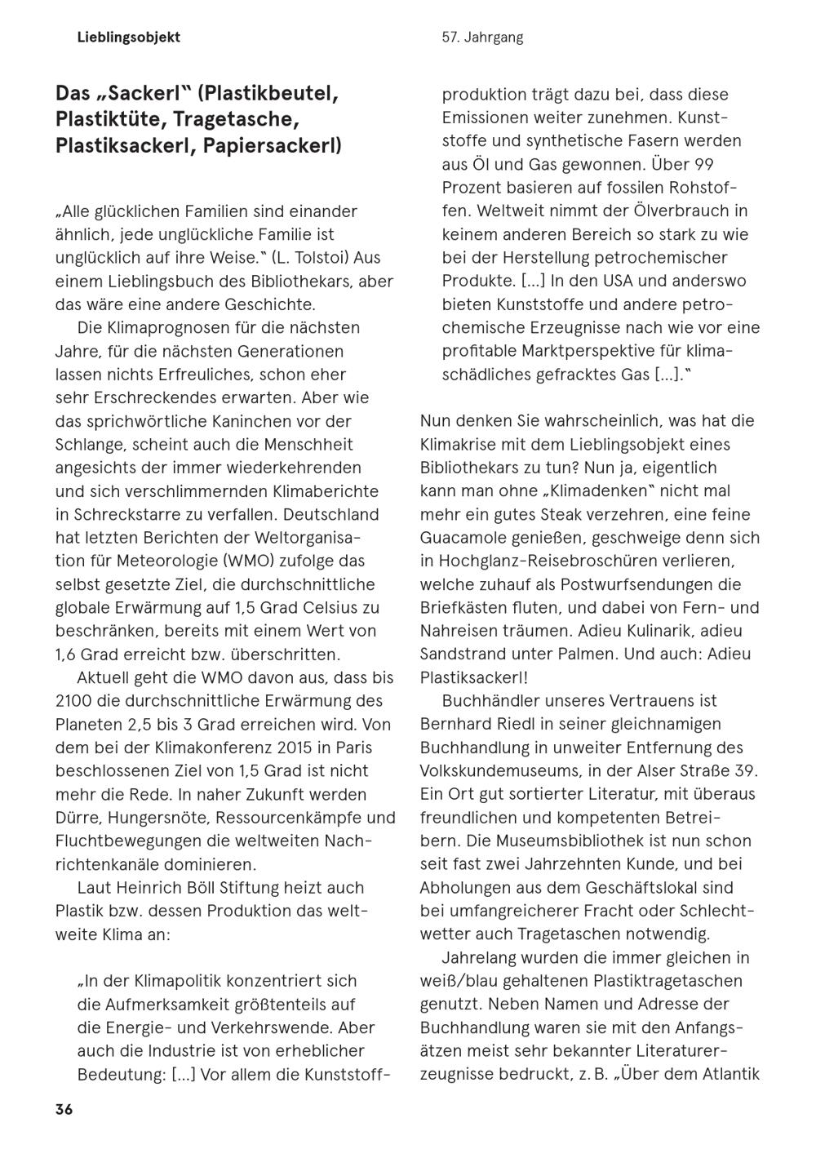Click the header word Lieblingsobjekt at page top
click(x=129, y=38)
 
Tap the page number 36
click(x=64, y=1110)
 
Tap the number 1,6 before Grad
click(x=68, y=654)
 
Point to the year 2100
click(x=73, y=701)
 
